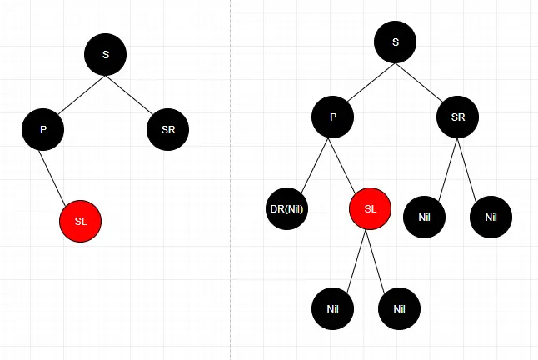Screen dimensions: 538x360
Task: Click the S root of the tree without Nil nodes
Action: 105,54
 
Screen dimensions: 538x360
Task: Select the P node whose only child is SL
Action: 43,129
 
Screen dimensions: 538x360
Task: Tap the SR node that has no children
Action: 168,129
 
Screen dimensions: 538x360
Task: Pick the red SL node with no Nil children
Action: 80,221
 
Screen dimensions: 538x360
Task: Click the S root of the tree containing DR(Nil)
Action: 395,42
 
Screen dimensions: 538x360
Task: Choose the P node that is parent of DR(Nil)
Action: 332,117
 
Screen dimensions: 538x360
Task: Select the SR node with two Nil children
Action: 458,117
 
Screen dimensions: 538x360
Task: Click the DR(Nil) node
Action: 287,208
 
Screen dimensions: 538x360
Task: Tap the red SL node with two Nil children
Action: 371,208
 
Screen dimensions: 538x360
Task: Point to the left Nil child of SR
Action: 425,217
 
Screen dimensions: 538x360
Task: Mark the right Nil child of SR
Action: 491,217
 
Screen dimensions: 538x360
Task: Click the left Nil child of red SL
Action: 333,308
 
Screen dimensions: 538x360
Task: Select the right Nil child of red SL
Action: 399,308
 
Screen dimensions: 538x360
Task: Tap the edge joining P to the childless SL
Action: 61,174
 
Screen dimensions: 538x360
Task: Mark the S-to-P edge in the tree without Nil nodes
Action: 74,92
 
